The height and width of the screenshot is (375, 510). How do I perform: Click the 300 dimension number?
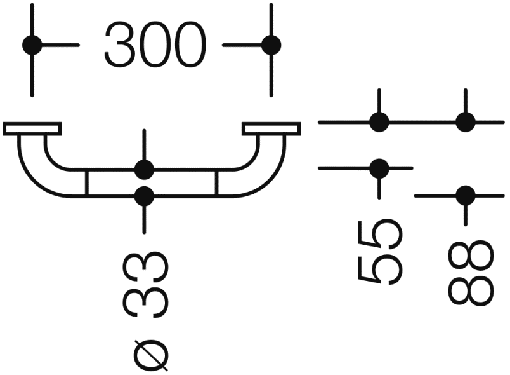pyautogui.click(x=155, y=45)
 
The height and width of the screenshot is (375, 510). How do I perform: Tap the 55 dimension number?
pyautogui.click(x=380, y=251)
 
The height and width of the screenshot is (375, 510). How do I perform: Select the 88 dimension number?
pyautogui.click(x=470, y=273)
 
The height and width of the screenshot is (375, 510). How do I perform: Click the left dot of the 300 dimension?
pyautogui.click(x=32, y=45)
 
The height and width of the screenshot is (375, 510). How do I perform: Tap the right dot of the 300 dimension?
pyautogui.click(x=271, y=45)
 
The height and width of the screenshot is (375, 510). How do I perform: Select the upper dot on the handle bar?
pyautogui.click(x=144, y=170)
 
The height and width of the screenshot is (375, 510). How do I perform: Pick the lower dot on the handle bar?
pyautogui.click(x=144, y=196)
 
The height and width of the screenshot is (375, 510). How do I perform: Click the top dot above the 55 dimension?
pyautogui.click(x=379, y=121)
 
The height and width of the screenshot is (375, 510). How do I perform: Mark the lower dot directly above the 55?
pyautogui.click(x=379, y=168)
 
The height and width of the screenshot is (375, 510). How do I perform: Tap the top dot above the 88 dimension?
pyautogui.click(x=465, y=121)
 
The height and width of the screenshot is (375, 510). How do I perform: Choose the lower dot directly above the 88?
pyautogui.click(x=465, y=195)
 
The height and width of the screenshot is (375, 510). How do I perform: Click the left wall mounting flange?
pyautogui.click(x=32, y=129)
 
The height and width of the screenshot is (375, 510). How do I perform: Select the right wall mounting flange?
pyautogui.click(x=271, y=129)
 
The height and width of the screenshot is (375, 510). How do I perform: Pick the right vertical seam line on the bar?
pyautogui.click(x=217, y=183)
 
